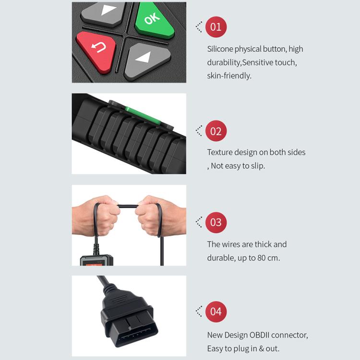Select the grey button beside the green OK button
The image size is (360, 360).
(x=103, y=14)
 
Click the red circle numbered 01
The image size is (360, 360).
(x=216, y=27)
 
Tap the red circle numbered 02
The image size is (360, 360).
(x=216, y=131)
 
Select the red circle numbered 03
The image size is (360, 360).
(x=216, y=222)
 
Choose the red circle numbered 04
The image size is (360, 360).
(x=216, y=312)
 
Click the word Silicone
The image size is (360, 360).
(x=220, y=49)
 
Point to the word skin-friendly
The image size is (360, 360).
(x=229, y=75)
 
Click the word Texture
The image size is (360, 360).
(x=219, y=152)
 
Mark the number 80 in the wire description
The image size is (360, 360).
(x=261, y=258)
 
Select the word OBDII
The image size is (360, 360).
(x=259, y=335)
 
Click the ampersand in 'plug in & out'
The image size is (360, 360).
(x=261, y=348)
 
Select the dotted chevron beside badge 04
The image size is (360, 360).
(x=199, y=312)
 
